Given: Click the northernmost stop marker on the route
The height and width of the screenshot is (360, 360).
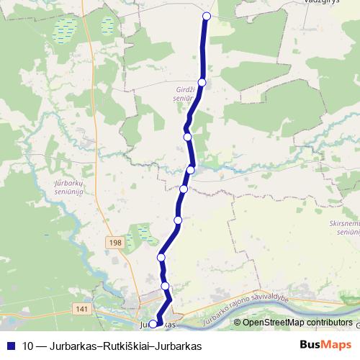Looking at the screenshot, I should click(207, 16).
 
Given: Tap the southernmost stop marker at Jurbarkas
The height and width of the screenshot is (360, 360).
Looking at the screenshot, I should click(153, 324).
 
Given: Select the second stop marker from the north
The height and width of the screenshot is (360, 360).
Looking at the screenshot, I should click(202, 83).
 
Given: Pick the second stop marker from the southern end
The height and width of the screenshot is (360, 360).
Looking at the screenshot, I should click(166, 287).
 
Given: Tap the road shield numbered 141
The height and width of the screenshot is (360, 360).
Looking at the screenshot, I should click(81, 308).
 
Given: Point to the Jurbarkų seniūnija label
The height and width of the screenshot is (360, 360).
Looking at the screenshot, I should click(70, 189).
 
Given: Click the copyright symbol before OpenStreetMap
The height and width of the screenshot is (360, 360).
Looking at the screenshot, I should click(238, 323).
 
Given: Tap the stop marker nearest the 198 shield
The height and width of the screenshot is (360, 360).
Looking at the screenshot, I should click(161, 257).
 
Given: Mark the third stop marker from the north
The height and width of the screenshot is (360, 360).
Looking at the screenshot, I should click(188, 136).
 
